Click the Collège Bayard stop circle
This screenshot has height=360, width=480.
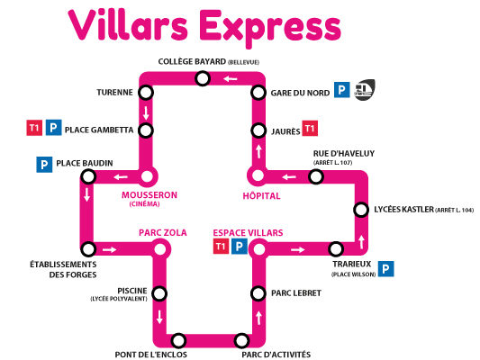coord(203,78)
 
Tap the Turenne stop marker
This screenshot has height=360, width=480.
coord(146,92)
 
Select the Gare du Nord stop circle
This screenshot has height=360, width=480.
coord(258,93)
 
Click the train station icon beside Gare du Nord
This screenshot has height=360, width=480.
coord(365,90)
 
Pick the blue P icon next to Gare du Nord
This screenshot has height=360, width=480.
coord(341,90)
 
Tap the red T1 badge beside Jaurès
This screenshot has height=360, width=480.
coord(310,129)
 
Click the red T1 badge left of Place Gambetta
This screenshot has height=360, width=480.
coord(34,128)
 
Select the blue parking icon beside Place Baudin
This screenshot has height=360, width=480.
coord(44,165)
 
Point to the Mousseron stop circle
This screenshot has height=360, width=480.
coord(147,176)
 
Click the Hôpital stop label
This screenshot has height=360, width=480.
coord(261,196)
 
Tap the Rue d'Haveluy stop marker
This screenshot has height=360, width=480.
coord(316,176)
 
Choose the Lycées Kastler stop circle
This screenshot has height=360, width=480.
coord(361,210)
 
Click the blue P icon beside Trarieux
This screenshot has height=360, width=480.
coord(386,269)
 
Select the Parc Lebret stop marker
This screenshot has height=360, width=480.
coord(258,293)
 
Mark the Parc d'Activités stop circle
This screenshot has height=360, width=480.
coord(241,341)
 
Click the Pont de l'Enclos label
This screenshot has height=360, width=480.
coord(151,355)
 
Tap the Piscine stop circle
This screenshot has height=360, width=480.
coord(159,294)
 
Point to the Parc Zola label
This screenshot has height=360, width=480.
coord(162,233)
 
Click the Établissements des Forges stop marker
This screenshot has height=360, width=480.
coord(88,249)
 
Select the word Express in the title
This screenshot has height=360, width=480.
coord(270,28)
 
